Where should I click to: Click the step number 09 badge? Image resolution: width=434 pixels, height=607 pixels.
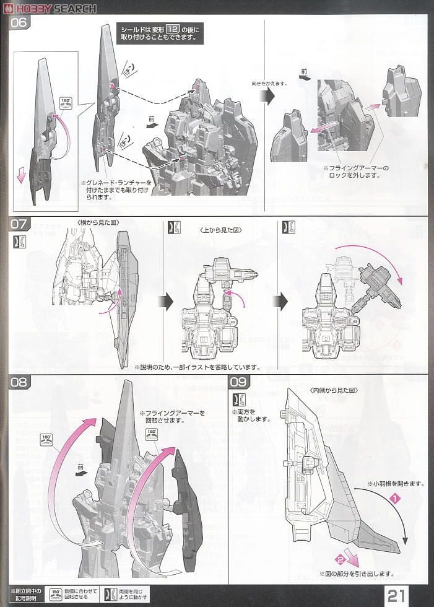tap(240, 382)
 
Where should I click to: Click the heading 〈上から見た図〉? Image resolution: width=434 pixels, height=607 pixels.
tap(220, 230)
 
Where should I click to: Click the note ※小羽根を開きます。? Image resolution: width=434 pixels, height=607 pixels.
tap(396, 483)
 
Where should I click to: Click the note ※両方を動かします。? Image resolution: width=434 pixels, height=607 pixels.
tap(251, 415)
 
